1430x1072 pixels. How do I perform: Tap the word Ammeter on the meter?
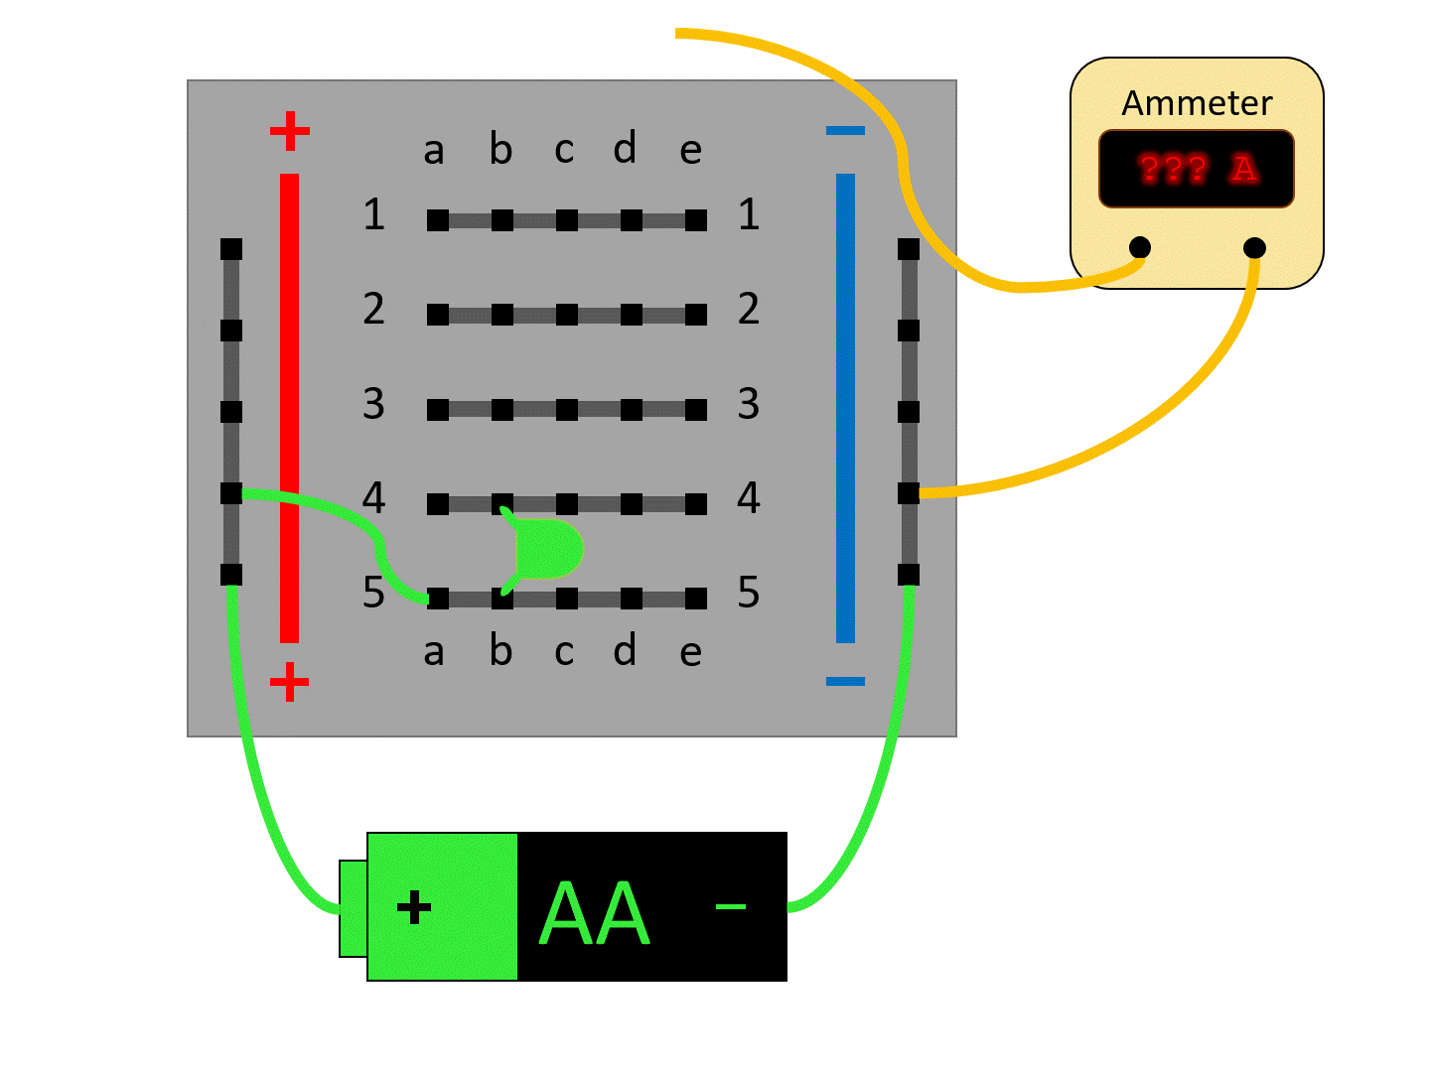(x=1197, y=103)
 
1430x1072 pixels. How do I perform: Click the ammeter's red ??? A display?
(x=1196, y=169)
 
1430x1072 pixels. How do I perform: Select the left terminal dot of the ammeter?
(x=1140, y=247)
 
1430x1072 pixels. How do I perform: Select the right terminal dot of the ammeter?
(x=1254, y=247)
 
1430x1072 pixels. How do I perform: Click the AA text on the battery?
(x=594, y=914)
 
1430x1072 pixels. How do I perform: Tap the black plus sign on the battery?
(x=414, y=907)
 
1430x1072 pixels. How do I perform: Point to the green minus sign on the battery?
(x=731, y=906)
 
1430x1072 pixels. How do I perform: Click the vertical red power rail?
(x=289, y=407)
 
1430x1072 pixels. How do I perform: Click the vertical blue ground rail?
(x=845, y=407)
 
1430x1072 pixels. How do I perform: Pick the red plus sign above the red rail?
(x=289, y=131)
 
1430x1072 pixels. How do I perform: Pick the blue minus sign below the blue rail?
(x=845, y=682)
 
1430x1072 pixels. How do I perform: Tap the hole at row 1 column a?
(x=438, y=220)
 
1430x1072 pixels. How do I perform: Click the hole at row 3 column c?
(x=567, y=409)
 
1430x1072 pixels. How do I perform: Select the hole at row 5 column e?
(x=696, y=599)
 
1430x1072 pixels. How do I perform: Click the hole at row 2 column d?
(x=632, y=315)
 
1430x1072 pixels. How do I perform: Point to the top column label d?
(x=625, y=149)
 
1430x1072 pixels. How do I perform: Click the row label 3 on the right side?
(x=749, y=404)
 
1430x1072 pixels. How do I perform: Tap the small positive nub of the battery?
(x=353, y=908)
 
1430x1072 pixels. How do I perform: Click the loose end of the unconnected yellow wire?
(x=679, y=34)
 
